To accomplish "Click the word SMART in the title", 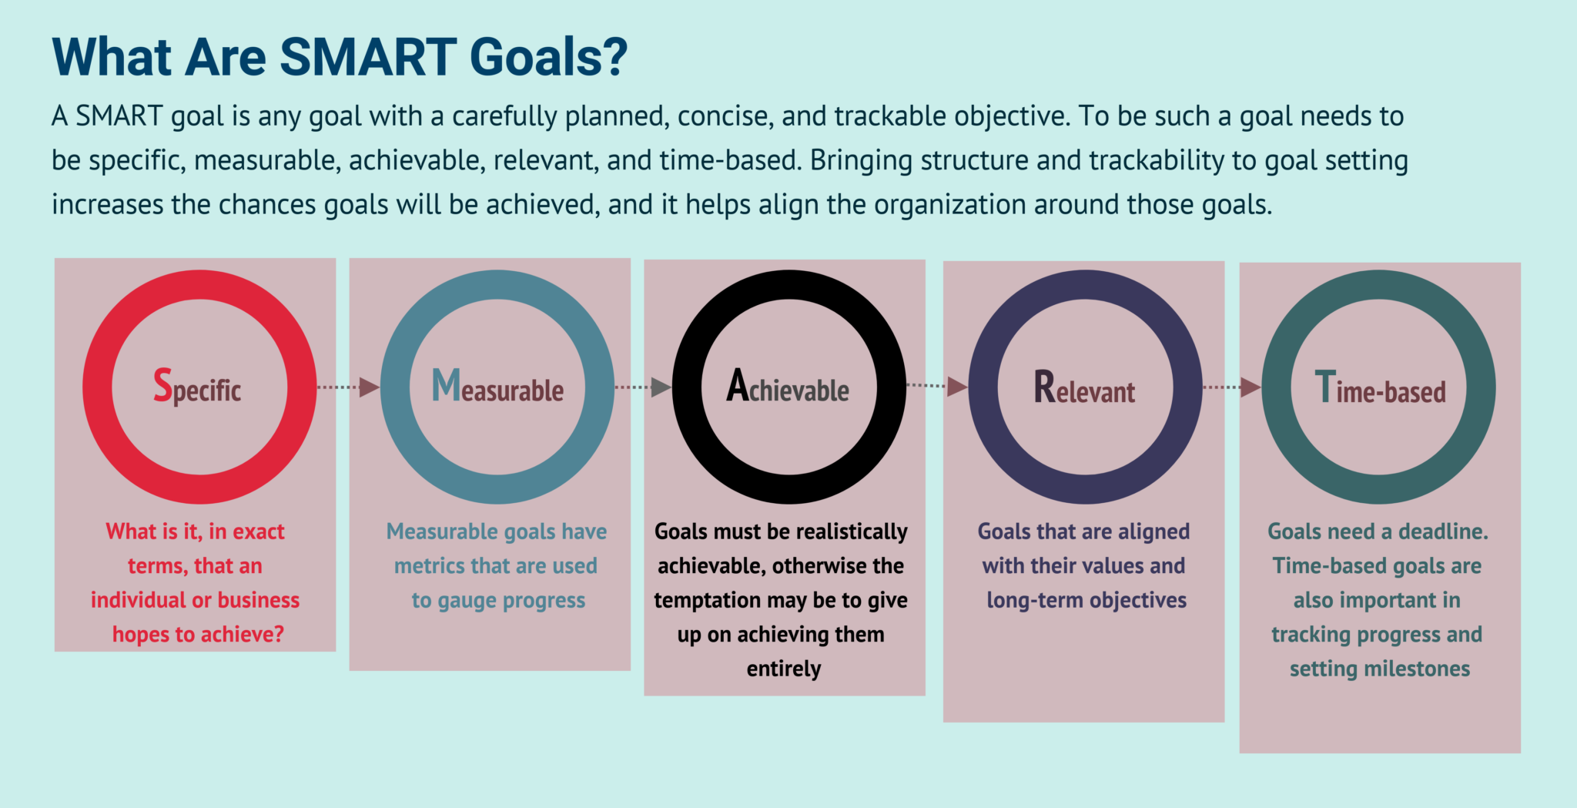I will pos(368,58).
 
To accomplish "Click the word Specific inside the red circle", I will pos(197,387).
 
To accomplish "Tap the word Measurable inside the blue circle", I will pos(497,387).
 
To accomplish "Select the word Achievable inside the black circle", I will pos(788,387).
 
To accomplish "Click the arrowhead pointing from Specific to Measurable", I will pos(369,387).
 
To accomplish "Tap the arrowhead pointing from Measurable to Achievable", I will pos(661,387).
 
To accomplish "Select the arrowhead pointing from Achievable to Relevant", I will pos(956,386).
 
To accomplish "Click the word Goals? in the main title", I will pos(548,58).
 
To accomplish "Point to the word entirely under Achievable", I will pos(784,669).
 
